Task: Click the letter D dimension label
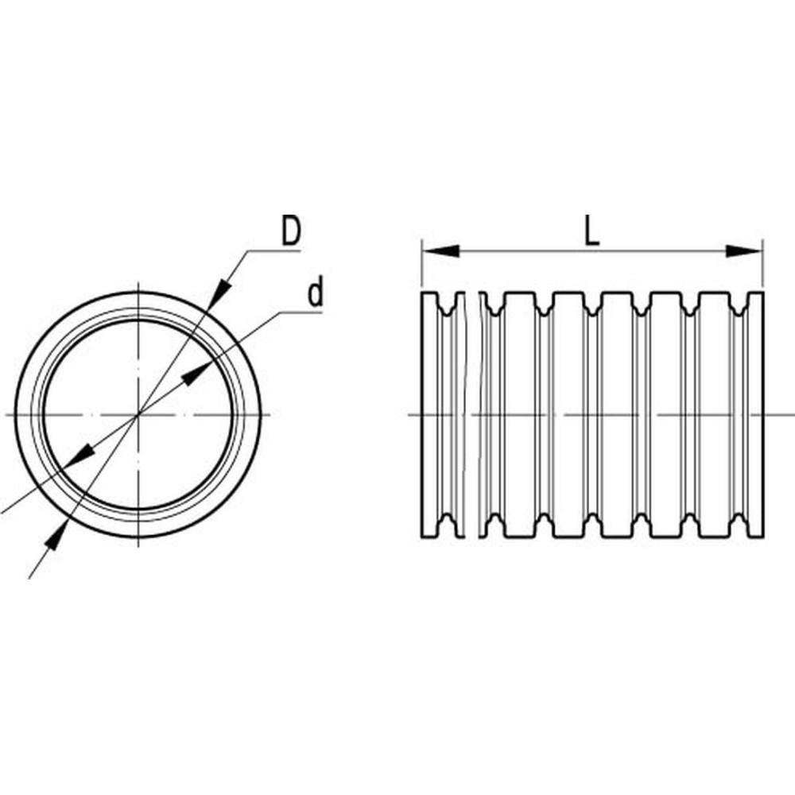click(x=291, y=231)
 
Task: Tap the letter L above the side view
click(x=591, y=232)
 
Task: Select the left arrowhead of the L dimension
click(x=441, y=251)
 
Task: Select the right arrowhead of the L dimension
click(x=744, y=251)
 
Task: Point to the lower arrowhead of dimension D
click(x=56, y=534)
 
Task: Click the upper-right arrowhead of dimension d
click(x=196, y=374)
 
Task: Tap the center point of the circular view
click(x=138, y=415)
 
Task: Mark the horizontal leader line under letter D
click(x=273, y=250)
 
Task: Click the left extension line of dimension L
click(x=422, y=264)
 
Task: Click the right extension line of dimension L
click(x=762, y=264)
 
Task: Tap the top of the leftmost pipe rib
click(x=430, y=293)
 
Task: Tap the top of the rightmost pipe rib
click(x=756, y=293)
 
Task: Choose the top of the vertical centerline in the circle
click(x=138, y=280)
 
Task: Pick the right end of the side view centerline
click(x=794, y=415)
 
